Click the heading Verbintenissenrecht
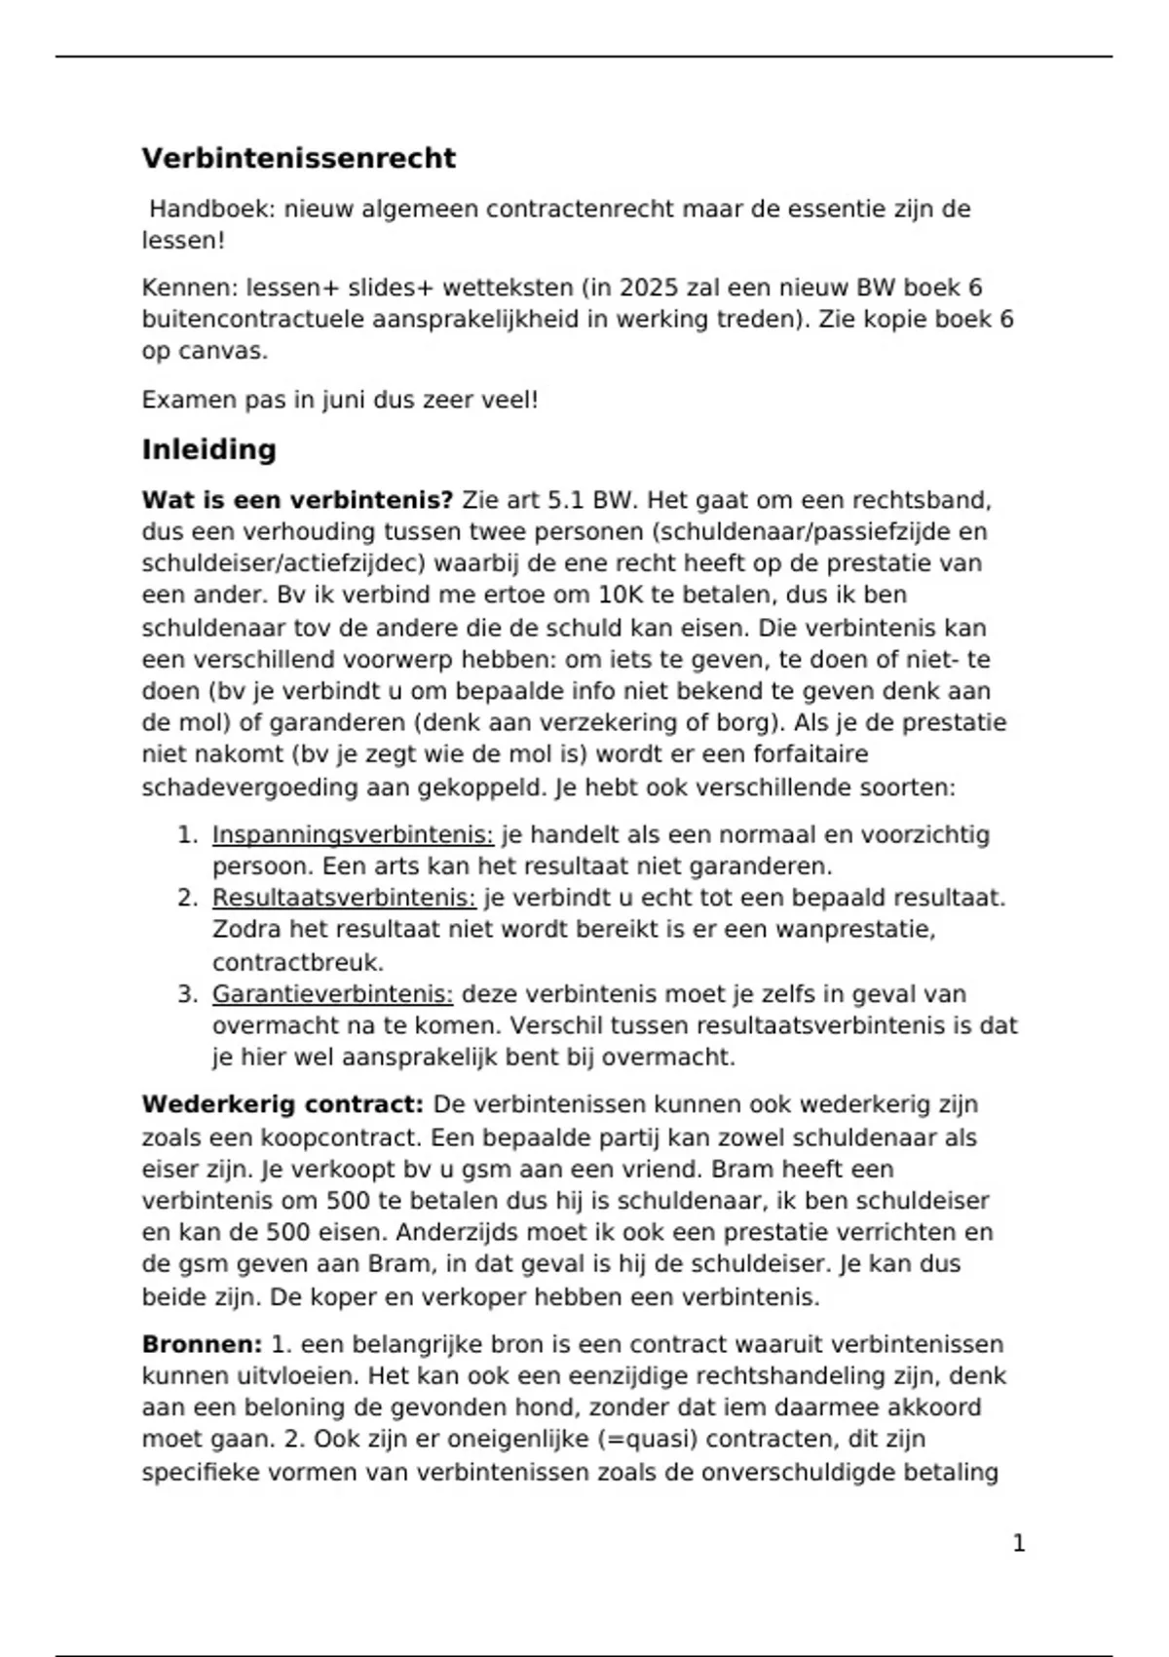(x=298, y=158)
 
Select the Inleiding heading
(x=208, y=449)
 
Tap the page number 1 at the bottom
(x=1019, y=1543)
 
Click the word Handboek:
(x=212, y=209)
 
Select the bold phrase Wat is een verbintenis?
(x=297, y=500)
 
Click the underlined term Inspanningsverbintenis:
(x=353, y=834)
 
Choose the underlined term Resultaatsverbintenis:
(x=344, y=898)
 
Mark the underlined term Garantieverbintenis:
(x=332, y=994)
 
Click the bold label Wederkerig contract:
(x=283, y=1104)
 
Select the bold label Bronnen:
(x=202, y=1344)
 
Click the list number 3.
(x=186, y=994)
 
